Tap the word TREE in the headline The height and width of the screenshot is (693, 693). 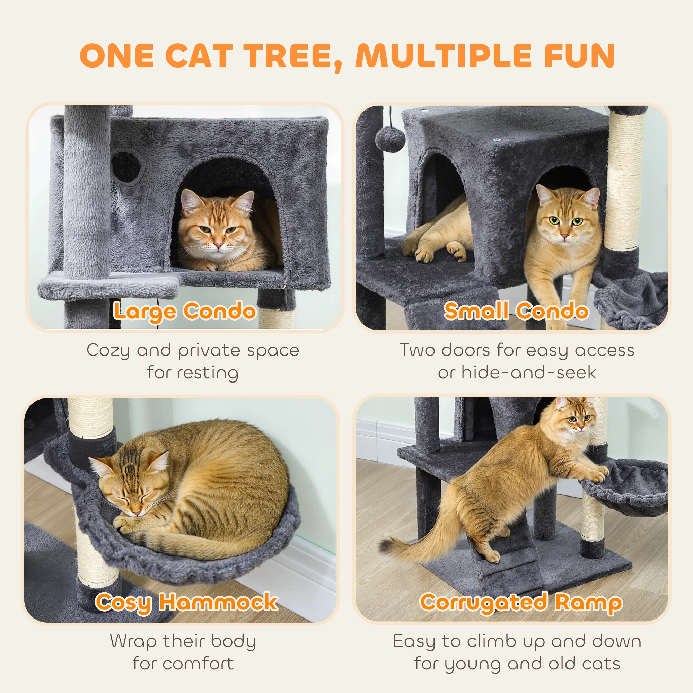(292, 56)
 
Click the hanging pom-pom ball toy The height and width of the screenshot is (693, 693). (390, 140)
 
